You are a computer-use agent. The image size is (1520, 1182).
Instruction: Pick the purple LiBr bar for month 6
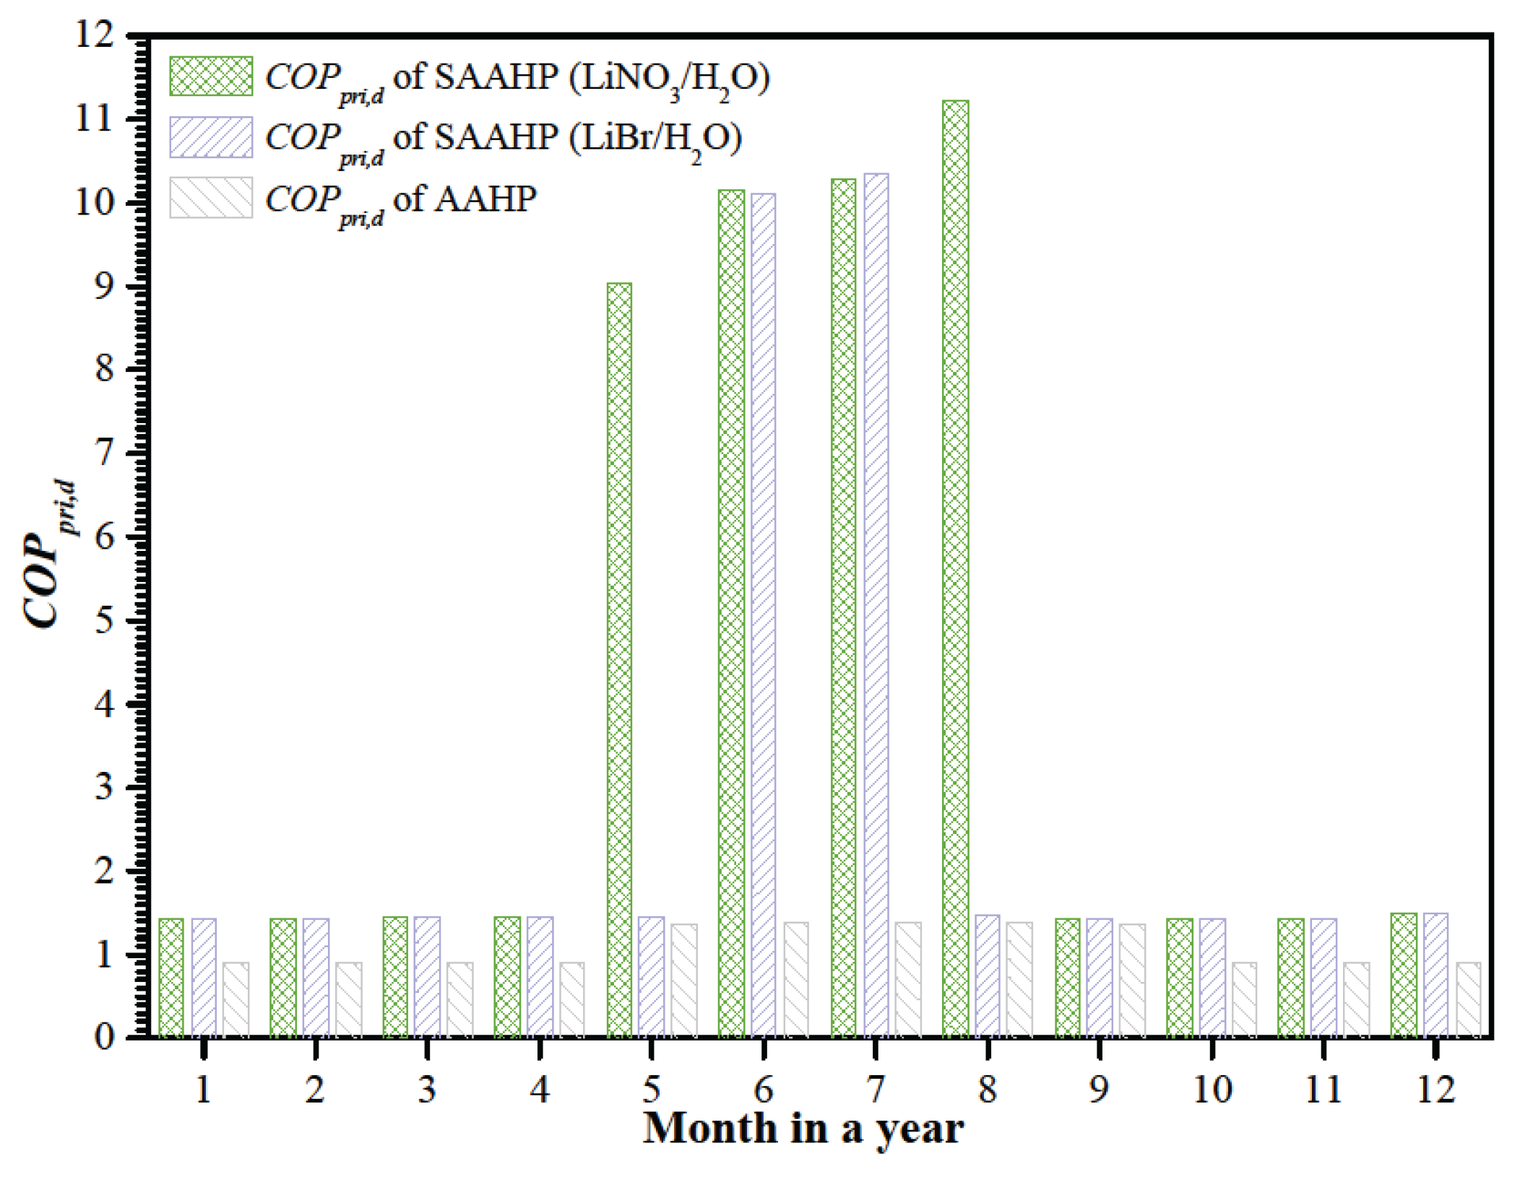tap(763, 614)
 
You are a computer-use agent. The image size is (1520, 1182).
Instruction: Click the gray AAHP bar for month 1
tap(236, 999)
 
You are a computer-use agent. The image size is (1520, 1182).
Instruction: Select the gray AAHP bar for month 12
tap(1468, 999)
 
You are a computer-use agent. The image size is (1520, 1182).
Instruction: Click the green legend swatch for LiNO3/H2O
tap(211, 76)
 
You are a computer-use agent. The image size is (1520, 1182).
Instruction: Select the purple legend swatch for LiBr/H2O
tap(211, 137)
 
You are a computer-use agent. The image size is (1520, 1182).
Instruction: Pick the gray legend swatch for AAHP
tap(211, 198)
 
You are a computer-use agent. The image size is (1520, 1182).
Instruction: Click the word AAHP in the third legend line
tap(485, 199)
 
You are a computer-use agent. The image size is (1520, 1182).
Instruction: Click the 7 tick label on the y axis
tap(104, 453)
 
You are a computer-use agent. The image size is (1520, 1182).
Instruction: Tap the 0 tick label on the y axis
tap(104, 1038)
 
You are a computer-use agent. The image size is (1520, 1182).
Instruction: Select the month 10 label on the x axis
tap(1212, 1090)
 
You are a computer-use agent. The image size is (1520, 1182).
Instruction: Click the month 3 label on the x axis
tap(427, 1090)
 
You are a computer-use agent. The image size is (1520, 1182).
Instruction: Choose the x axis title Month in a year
tap(803, 1129)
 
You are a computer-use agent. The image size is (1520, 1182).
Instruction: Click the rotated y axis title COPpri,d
tap(49, 552)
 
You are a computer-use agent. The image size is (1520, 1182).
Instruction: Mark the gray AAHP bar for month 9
tap(1132, 980)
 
